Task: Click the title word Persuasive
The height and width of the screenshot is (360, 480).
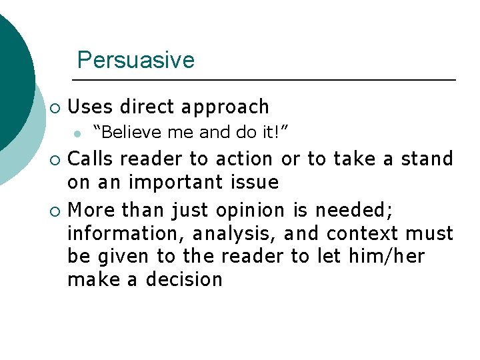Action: (x=135, y=60)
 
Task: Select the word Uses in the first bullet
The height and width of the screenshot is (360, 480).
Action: (x=90, y=107)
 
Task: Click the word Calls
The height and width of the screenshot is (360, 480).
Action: (x=91, y=159)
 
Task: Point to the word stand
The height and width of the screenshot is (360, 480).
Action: (x=427, y=159)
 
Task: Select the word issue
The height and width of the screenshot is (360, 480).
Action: (x=255, y=182)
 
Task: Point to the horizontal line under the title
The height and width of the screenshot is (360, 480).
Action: (x=267, y=80)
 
